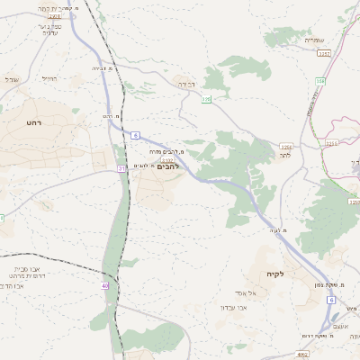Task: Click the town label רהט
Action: (x=34, y=122)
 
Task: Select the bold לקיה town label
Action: (x=275, y=274)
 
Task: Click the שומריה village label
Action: (x=314, y=40)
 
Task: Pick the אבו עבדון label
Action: (x=258, y=307)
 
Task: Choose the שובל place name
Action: (x=12, y=79)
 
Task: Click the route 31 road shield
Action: (x=121, y=168)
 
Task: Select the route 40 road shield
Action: (x=105, y=285)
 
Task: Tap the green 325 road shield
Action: (x=206, y=99)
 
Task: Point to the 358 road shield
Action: (x=320, y=81)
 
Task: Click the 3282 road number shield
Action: (x=324, y=54)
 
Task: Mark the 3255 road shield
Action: (x=286, y=147)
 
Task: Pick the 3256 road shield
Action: (x=332, y=142)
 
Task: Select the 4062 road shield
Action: (x=302, y=355)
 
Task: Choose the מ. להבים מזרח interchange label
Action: (x=165, y=152)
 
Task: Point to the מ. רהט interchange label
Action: (x=112, y=116)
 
